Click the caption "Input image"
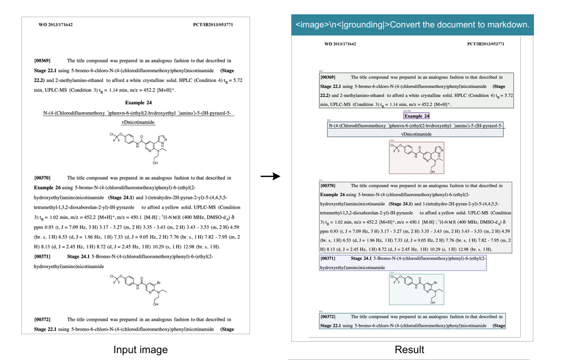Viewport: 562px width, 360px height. [140, 350]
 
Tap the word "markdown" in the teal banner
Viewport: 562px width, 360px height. [507, 25]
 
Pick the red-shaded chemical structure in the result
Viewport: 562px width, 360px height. [416, 157]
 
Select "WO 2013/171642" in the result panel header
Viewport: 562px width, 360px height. [340, 43]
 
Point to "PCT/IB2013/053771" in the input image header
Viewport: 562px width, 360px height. [213, 25]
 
